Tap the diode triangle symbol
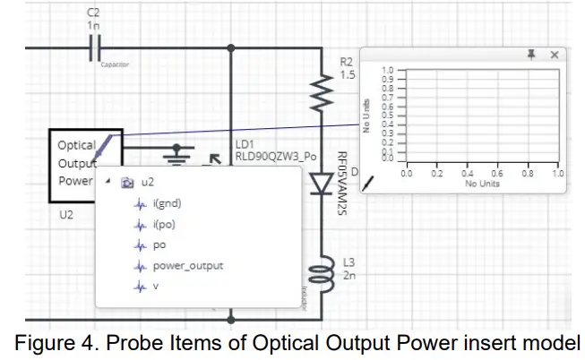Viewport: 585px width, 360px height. [322, 184]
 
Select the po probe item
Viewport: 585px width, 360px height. [159, 244]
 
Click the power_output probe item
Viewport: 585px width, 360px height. [187, 265]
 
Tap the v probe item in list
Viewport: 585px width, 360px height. [157, 287]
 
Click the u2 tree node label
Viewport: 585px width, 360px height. [148, 182]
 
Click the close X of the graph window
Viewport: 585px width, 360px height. [555, 55]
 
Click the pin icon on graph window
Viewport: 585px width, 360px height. [531, 55]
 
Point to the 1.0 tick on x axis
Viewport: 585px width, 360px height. [558, 174]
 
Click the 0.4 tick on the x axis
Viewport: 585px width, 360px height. [467, 174]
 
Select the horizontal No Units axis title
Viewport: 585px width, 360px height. [482, 184]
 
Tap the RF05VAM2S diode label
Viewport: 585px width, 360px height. [341, 183]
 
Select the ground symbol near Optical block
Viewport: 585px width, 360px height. [183, 153]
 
